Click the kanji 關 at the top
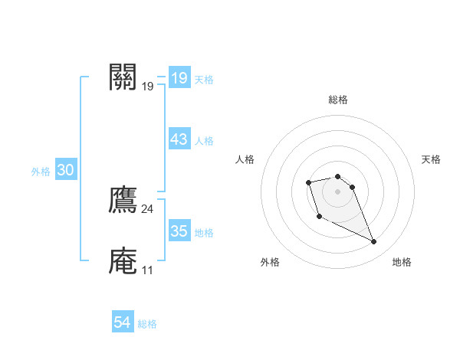pos(123,77)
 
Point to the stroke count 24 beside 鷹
pos(147,209)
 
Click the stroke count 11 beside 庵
pos(147,270)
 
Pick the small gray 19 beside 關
pos(147,87)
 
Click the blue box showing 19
pos(179,78)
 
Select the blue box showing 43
pos(179,139)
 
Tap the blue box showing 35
pos(179,231)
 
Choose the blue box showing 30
pos(65,171)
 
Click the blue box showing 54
pos(122,323)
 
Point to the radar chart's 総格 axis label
pos(338,100)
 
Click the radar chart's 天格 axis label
pos(431,159)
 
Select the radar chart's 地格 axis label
pos(402,263)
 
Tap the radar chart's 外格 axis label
pos(270,263)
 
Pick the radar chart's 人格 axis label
pos(245,159)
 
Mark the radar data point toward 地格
pos(374,242)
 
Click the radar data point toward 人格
pos(308,182)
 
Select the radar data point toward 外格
pos(319,217)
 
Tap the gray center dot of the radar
pos(338,191)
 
